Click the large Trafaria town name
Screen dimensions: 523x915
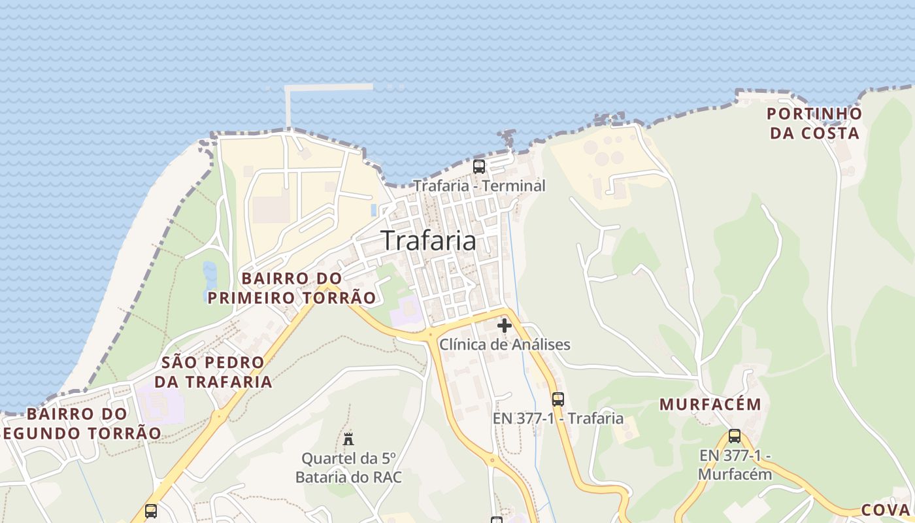[x=428, y=241]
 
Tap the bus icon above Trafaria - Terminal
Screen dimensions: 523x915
[x=479, y=166]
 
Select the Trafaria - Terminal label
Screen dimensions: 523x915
[x=479, y=186]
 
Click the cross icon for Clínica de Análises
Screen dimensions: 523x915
[x=505, y=325]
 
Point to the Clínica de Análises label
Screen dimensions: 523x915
[x=505, y=345]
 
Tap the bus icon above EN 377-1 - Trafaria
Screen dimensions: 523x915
[x=557, y=399]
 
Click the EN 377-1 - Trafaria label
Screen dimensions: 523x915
[x=557, y=418]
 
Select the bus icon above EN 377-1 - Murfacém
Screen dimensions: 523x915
[x=735, y=436]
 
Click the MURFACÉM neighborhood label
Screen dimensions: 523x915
[x=710, y=405]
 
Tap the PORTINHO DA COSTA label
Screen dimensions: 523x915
[x=814, y=124]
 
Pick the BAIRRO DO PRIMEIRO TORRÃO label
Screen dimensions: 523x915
[x=291, y=288]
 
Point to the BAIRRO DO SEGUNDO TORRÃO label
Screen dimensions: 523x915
[x=81, y=424]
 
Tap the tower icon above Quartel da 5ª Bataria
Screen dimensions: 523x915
[x=348, y=439]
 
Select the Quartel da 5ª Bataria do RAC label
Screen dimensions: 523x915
[x=348, y=467]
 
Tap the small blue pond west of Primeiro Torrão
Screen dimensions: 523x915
[x=209, y=276]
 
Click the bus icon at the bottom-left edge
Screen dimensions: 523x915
[x=151, y=511]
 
